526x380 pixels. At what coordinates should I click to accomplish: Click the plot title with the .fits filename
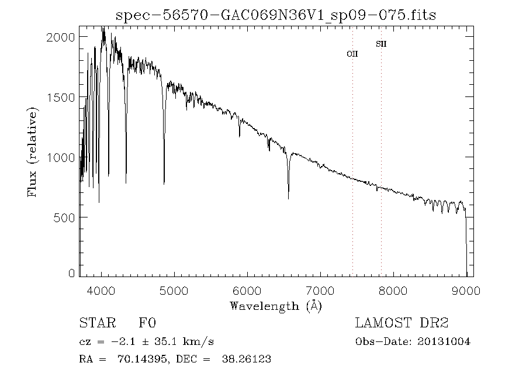(x=276, y=15)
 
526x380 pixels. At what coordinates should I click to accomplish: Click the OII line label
(x=352, y=54)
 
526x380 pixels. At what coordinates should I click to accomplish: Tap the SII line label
(x=381, y=44)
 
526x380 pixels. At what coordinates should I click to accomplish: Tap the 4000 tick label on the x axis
(x=102, y=291)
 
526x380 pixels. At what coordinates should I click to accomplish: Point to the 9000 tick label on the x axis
(x=466, y=291)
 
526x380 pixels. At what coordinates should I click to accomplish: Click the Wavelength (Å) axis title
(x=276, y=306)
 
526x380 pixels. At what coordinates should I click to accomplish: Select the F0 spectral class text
(x=147, y=323)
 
